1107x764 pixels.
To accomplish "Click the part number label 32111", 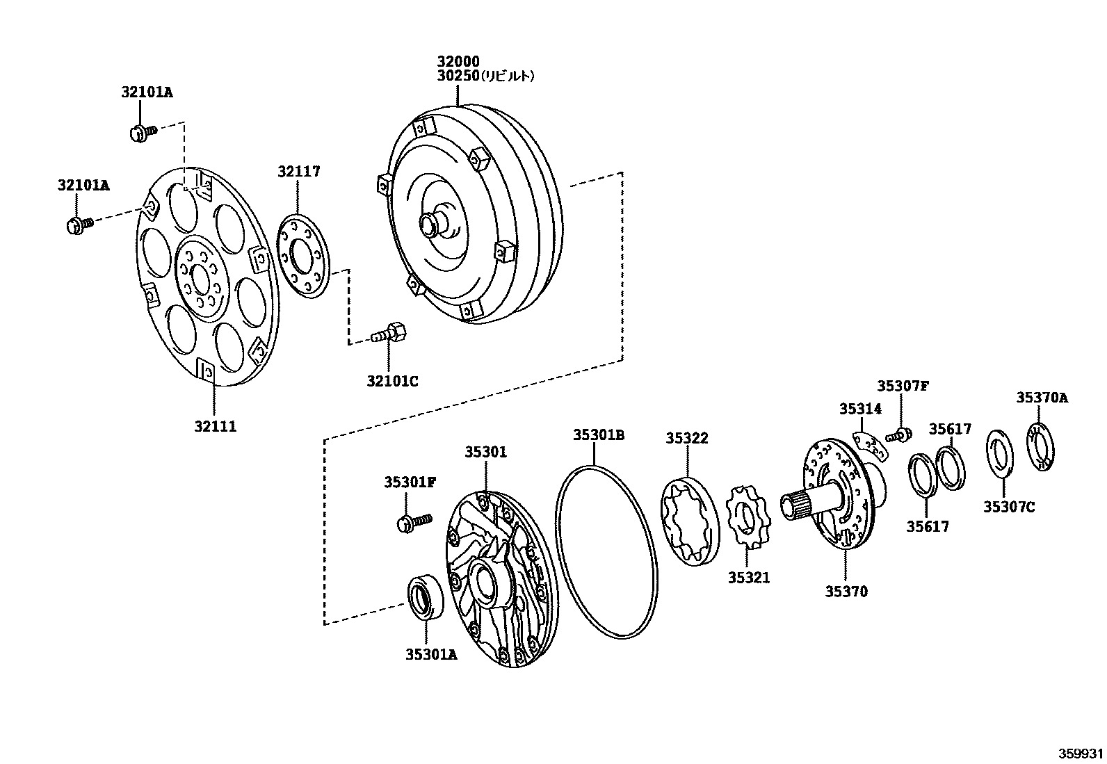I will click(215, 427).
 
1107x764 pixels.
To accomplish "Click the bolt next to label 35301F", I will click(413, 522).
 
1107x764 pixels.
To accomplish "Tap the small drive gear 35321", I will click(747, 517).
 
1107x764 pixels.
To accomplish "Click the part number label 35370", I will click(846, 592).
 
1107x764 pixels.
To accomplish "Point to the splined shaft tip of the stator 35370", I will click(796, 506).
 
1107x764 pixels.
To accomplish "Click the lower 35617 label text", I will click(927, 527).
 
